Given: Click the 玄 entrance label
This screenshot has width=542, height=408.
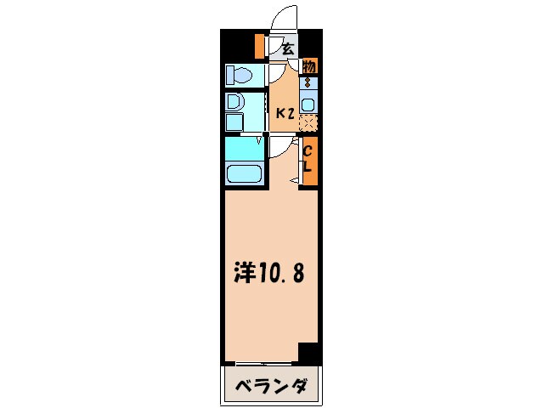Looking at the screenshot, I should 288,49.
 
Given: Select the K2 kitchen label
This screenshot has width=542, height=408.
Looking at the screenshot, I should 285,110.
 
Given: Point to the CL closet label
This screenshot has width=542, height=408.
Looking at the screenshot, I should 308,159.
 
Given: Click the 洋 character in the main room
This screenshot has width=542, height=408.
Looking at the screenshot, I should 244,272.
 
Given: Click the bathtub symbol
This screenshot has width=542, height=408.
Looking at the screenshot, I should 243,176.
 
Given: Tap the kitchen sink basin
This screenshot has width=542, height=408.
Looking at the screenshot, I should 308,105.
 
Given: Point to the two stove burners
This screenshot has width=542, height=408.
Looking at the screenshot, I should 308,85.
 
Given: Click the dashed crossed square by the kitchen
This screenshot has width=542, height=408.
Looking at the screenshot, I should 308,122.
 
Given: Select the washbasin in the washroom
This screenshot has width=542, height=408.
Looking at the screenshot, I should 235,102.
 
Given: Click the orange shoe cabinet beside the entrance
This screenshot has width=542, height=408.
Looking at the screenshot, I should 260,45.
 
